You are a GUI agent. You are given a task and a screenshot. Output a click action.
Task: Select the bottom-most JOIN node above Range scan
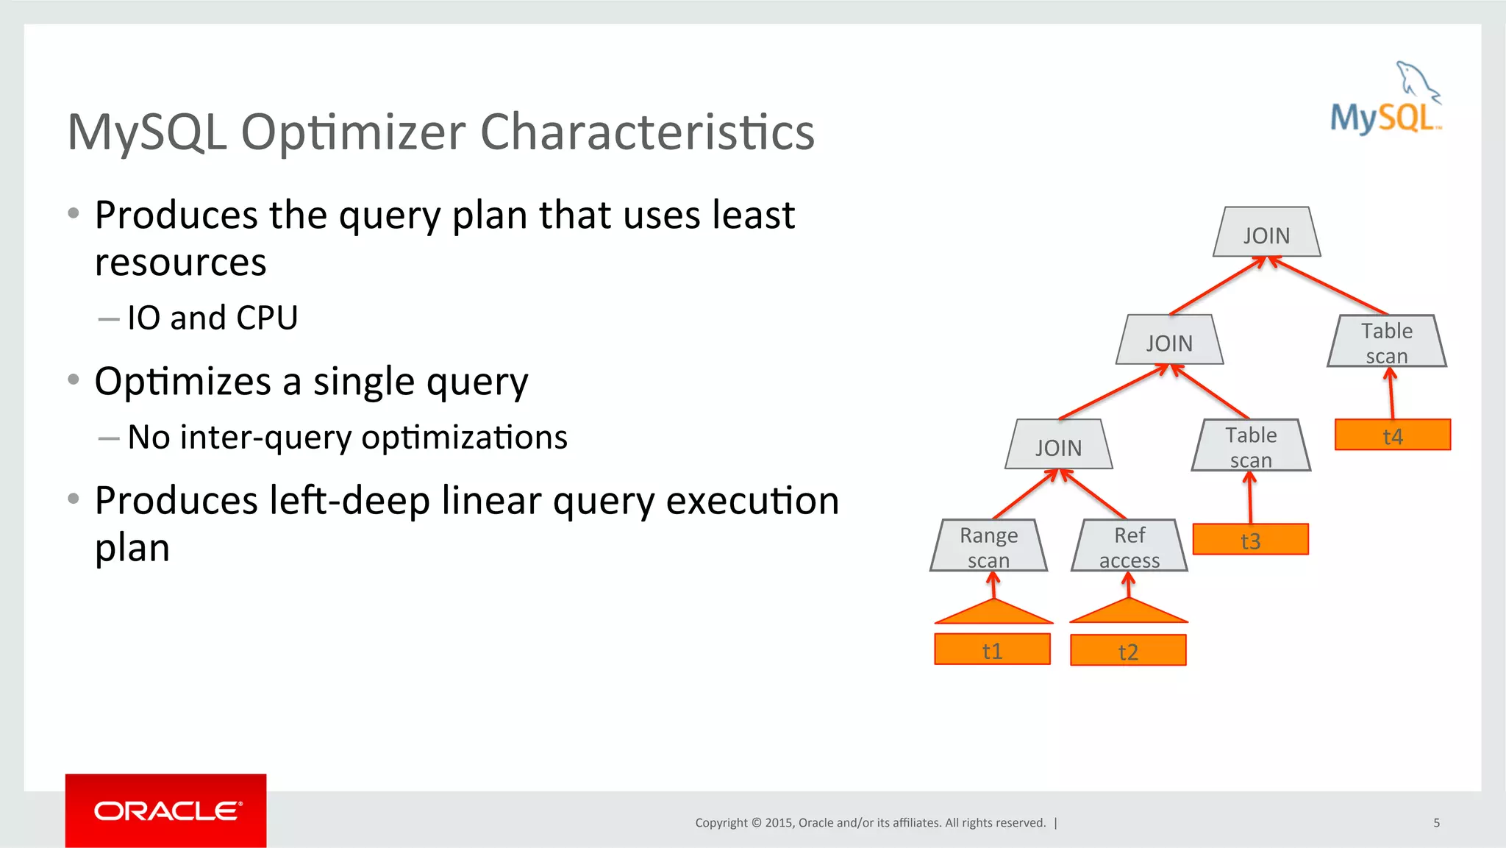coord(1058,445)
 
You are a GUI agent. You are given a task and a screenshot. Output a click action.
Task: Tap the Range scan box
coord(988,546)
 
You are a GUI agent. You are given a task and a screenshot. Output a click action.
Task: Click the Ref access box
coord(1129,546)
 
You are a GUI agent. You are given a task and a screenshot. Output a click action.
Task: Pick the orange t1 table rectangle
coord(992,649)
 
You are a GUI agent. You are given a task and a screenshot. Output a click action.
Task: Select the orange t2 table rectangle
coord(1128,650)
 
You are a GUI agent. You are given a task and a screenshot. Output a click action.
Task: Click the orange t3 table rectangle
coord(1250,539)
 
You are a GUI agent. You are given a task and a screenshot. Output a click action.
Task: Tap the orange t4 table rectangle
coord(1392,435)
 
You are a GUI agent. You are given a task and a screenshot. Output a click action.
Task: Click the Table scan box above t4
coord(1386,341)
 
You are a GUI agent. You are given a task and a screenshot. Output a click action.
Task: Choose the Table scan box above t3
coord(1250,446)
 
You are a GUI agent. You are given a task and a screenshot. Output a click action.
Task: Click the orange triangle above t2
coord(1129,613)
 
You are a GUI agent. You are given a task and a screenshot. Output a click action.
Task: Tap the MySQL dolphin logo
coord(1386,99)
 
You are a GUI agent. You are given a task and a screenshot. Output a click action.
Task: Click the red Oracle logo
coord(166,810)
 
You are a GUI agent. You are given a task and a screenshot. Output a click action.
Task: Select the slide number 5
coord(1436,822)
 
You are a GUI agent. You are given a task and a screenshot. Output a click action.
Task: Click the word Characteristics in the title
coord(647,132)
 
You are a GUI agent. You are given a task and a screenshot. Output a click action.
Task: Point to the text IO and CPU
coord(213,318)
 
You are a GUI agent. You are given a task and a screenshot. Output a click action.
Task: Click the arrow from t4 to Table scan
coord(1391,394)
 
